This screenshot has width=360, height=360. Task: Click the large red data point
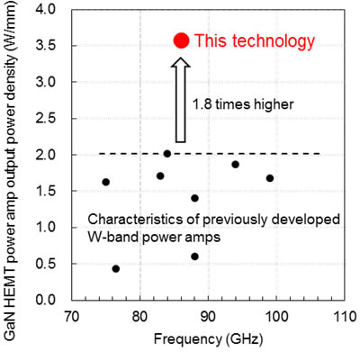[180, 40]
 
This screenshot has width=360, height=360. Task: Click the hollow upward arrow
[180, 100]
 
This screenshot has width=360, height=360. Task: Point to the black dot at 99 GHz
[269, 178]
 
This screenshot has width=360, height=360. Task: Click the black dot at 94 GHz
[235, 165]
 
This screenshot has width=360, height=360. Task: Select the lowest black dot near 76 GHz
[115, 268]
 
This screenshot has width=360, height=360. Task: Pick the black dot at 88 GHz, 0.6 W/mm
[194, 256]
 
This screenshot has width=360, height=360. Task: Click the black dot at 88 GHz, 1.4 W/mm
[194, 198]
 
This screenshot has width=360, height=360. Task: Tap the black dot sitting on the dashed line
[166, 154]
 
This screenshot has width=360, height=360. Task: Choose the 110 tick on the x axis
[343, 317]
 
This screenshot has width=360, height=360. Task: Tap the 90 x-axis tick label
[208, 317]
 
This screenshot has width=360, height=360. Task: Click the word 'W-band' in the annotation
[113, 237]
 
